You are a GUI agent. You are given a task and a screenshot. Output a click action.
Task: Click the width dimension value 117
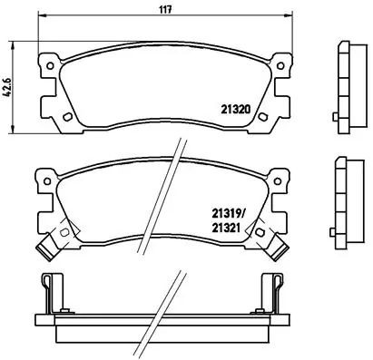coord(167,10)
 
